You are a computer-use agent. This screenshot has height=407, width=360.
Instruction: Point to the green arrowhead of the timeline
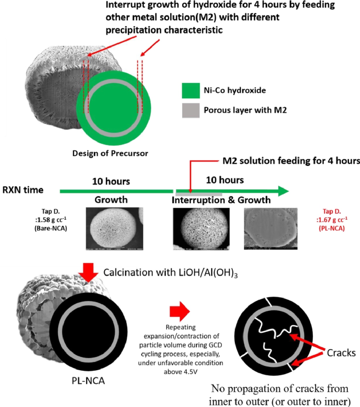tap(282, 191)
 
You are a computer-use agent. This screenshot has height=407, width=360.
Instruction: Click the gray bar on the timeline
tap(198, 194)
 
